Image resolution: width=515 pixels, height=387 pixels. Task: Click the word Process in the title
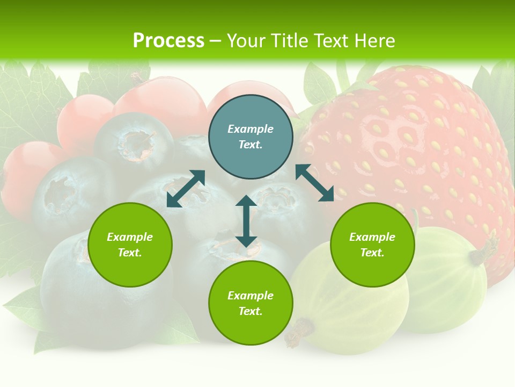click(x=168, y=41)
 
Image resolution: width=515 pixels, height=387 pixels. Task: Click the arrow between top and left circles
click(x=186, y=189)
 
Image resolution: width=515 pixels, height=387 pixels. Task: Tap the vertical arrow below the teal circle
click(x=246, y=221)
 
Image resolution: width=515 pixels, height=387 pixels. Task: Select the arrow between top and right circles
click(x=314, y=183)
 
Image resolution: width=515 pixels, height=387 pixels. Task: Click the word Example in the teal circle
click(x=251, y=129)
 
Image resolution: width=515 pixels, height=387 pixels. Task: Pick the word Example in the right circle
click(x=372, y=237)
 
